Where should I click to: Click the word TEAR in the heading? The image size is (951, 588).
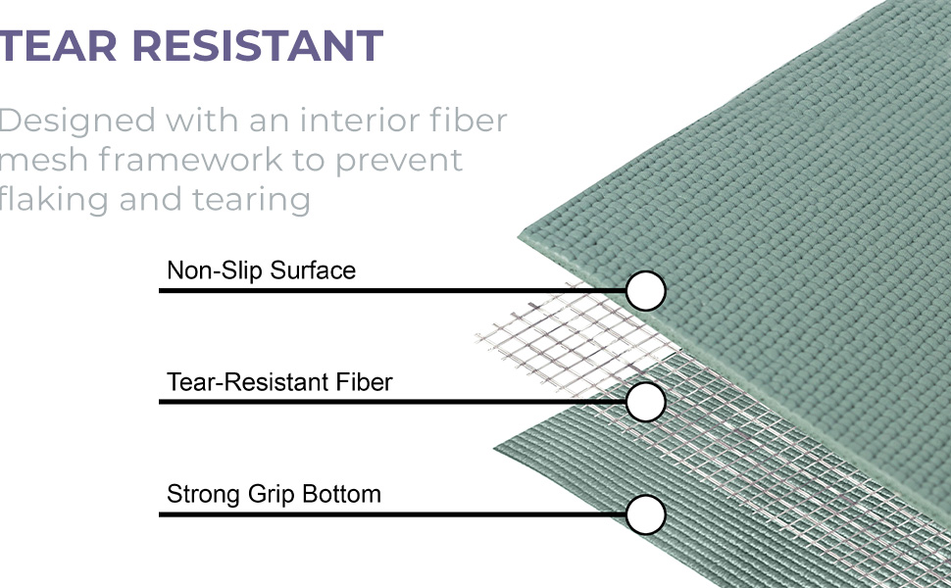pos(58,45)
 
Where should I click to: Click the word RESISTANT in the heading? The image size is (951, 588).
pos(258,45)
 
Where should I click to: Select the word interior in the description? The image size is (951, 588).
pos(360,120)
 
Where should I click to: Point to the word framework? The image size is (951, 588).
pos(191,160)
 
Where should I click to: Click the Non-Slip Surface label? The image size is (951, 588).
pos(261,270)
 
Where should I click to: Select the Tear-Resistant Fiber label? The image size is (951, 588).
pos(279,382)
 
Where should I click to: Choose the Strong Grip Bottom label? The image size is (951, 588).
pos(274,494)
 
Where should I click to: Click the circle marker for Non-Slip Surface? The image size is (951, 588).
pos(646,291)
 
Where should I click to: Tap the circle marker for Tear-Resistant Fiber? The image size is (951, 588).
pos(646,402)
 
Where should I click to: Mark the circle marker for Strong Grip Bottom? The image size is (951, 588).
pos(646,514)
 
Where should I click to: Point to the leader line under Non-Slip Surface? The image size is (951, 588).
pos(392,291)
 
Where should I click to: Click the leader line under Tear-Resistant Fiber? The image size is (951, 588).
pos(392,402)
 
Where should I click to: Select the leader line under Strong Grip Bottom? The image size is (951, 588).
pos(392,514)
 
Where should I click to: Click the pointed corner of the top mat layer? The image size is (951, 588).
pos(519,237)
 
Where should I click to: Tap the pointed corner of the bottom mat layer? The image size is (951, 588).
pos(494,448)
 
